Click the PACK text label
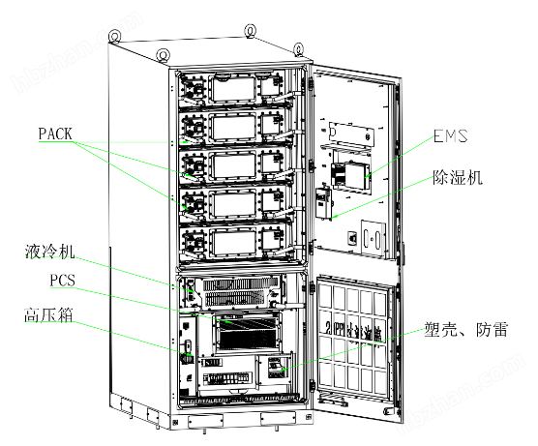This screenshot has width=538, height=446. [56, 132]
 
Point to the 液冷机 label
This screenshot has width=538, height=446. [50, 253]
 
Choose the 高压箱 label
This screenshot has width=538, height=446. [48, 315]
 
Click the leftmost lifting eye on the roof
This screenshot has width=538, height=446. [114, 38]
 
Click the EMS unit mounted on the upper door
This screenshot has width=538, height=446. [350, 174]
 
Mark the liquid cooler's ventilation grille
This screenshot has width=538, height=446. [237, 288]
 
